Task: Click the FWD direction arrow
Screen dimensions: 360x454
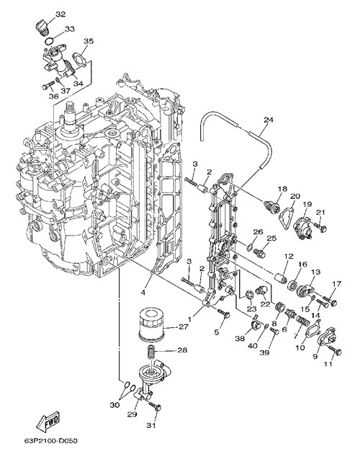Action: point(49,420)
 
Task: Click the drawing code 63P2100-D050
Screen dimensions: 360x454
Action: point(52,441)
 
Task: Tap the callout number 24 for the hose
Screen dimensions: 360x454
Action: point(268,120)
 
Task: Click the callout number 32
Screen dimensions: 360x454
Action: point(60,14)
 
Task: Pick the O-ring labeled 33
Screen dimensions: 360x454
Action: point(50,41)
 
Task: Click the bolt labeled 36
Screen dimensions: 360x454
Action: point(48,86)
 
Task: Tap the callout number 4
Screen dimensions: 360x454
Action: point(143,293)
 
